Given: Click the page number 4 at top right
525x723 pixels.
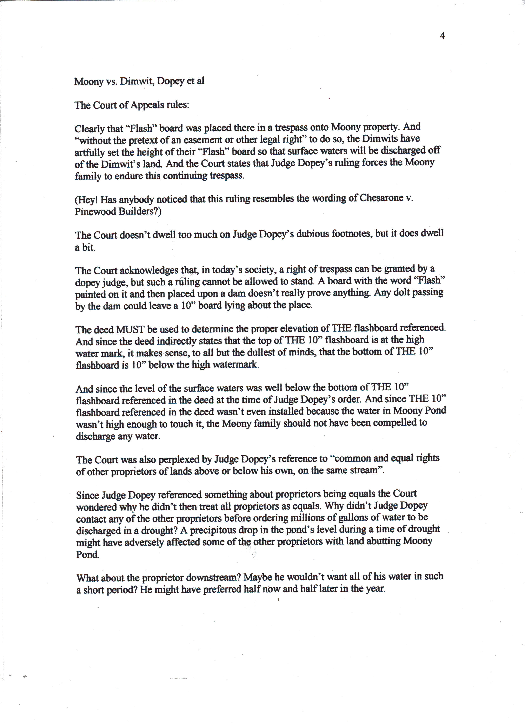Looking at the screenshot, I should (442, 36).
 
